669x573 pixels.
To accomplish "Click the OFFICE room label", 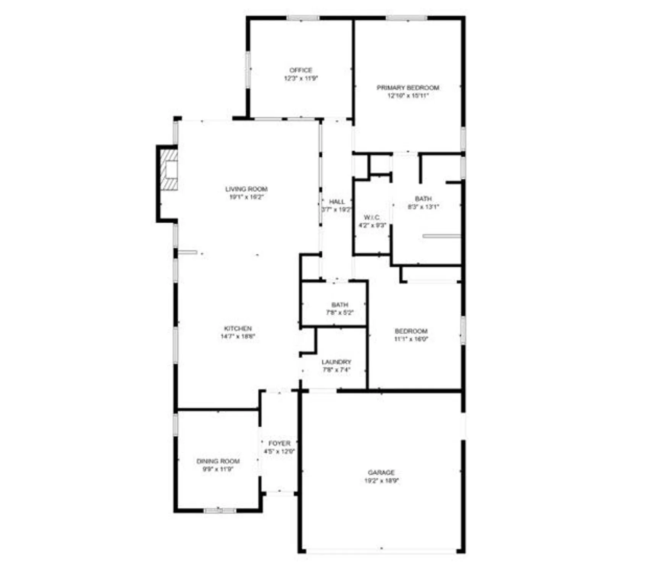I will (301, 70).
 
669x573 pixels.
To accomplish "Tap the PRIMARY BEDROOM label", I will (408, 87).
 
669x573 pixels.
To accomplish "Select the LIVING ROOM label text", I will (246, 189).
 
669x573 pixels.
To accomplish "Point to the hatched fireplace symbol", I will (169, 170).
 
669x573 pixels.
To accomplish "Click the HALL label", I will (337, 202).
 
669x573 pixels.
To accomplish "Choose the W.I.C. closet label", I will (372, 217).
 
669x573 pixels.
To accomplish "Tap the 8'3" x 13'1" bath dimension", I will (423, 207).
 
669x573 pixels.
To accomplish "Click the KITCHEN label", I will (238, 329).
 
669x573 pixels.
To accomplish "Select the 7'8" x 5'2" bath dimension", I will (339, 312).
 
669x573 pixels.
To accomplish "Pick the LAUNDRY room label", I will (336, 362).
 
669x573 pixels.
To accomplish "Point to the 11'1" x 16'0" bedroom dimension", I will (411, 339).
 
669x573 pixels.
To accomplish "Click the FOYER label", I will (279, 443).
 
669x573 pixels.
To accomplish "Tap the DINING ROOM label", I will (218, 461).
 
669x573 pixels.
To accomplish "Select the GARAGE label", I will (381, 473).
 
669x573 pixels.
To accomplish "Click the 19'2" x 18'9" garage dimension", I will (381, 481).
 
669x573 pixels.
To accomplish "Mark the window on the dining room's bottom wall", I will (220, 511).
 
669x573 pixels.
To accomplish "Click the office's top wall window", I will (303, 18).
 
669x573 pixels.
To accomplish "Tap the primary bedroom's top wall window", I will (406, 18).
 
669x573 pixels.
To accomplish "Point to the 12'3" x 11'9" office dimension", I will (301, 78).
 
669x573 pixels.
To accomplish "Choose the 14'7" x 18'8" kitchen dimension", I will (238, 337).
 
